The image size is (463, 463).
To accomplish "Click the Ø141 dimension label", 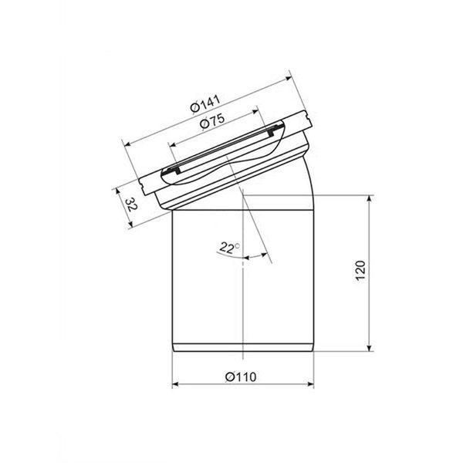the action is coord(205,103).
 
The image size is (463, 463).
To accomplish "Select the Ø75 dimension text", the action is coord(212,121).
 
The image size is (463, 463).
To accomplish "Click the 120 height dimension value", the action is coord(360,271).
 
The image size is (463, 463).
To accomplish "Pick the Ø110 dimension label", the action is coord(241,377).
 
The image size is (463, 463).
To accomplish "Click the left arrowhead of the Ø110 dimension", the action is coord(175,384).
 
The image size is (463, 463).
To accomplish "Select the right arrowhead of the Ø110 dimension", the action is coord(310,384).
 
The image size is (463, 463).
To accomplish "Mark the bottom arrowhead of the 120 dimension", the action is coord(369,347).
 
